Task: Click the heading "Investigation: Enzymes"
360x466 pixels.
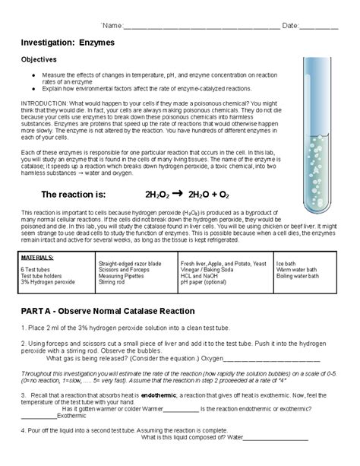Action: (68, 43)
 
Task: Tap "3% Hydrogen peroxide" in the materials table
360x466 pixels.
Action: (48, 282)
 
